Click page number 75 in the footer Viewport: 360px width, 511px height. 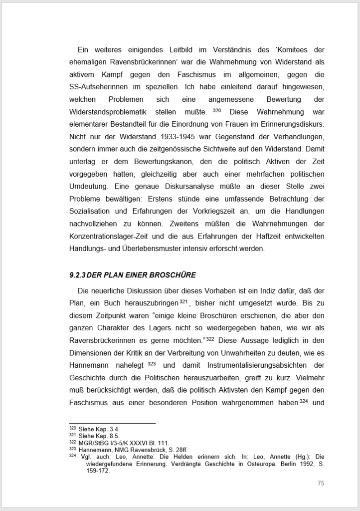pos(321,483)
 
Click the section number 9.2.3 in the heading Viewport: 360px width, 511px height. pos(78,275)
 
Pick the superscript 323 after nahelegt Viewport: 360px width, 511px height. pos(152,363)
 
